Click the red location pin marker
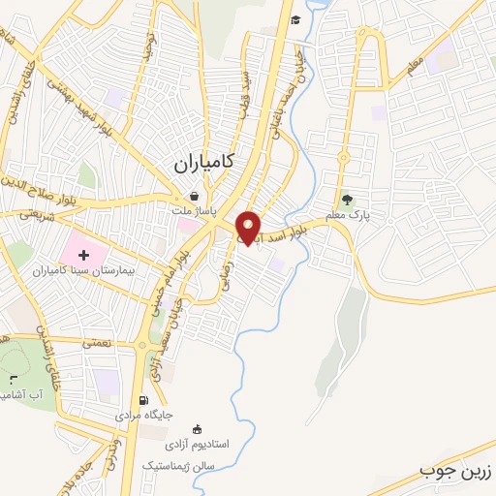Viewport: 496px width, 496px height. pos(249,228)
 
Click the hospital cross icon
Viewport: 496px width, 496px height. pos(83,255)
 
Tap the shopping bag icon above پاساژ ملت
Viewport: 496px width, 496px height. pos(195,195)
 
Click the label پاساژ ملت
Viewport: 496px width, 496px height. pos(196,209)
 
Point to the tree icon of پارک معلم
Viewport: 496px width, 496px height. pos(348,199)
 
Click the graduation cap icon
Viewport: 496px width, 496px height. pos(294,19)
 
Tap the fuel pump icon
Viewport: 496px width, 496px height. pos(144,400)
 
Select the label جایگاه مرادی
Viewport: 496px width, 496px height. pos(144,415)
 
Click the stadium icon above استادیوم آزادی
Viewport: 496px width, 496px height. pos(199,429)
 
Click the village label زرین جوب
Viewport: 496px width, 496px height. pos(455,471)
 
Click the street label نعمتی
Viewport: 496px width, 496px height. pos(98,342)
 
